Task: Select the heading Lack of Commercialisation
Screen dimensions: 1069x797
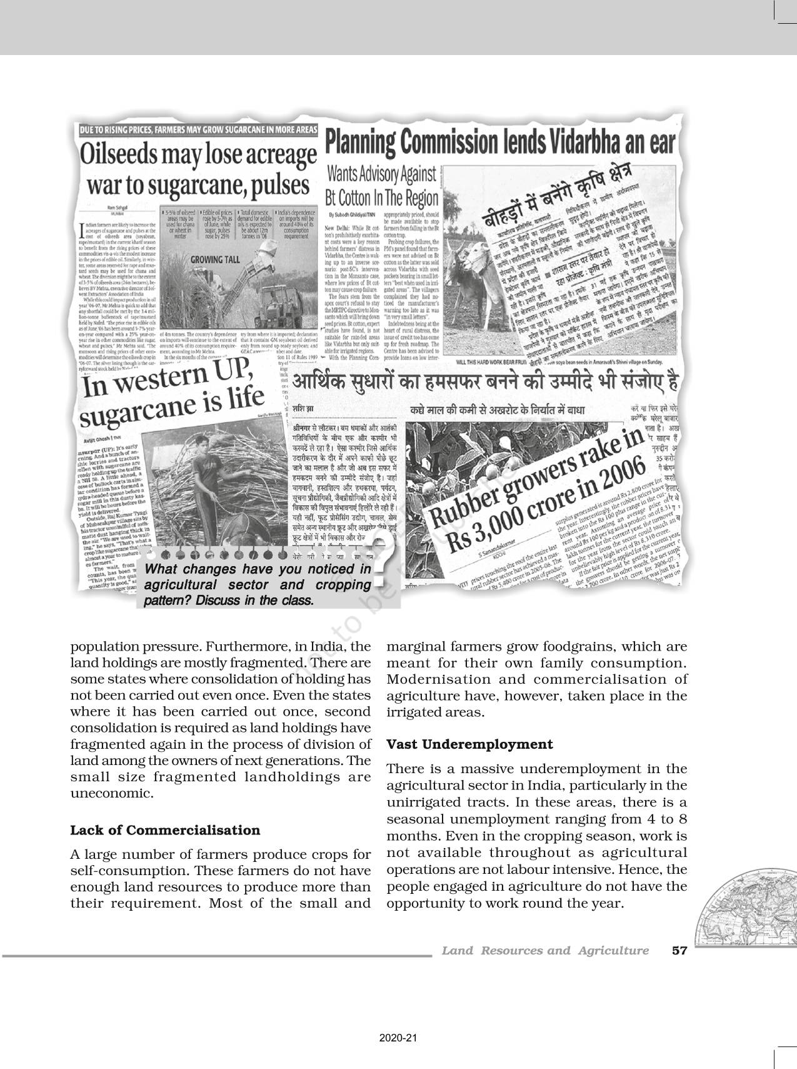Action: [165, 830]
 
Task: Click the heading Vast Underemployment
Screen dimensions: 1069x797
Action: [469, 744]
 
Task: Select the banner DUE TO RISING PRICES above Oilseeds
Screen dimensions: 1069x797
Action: [197, 130]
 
